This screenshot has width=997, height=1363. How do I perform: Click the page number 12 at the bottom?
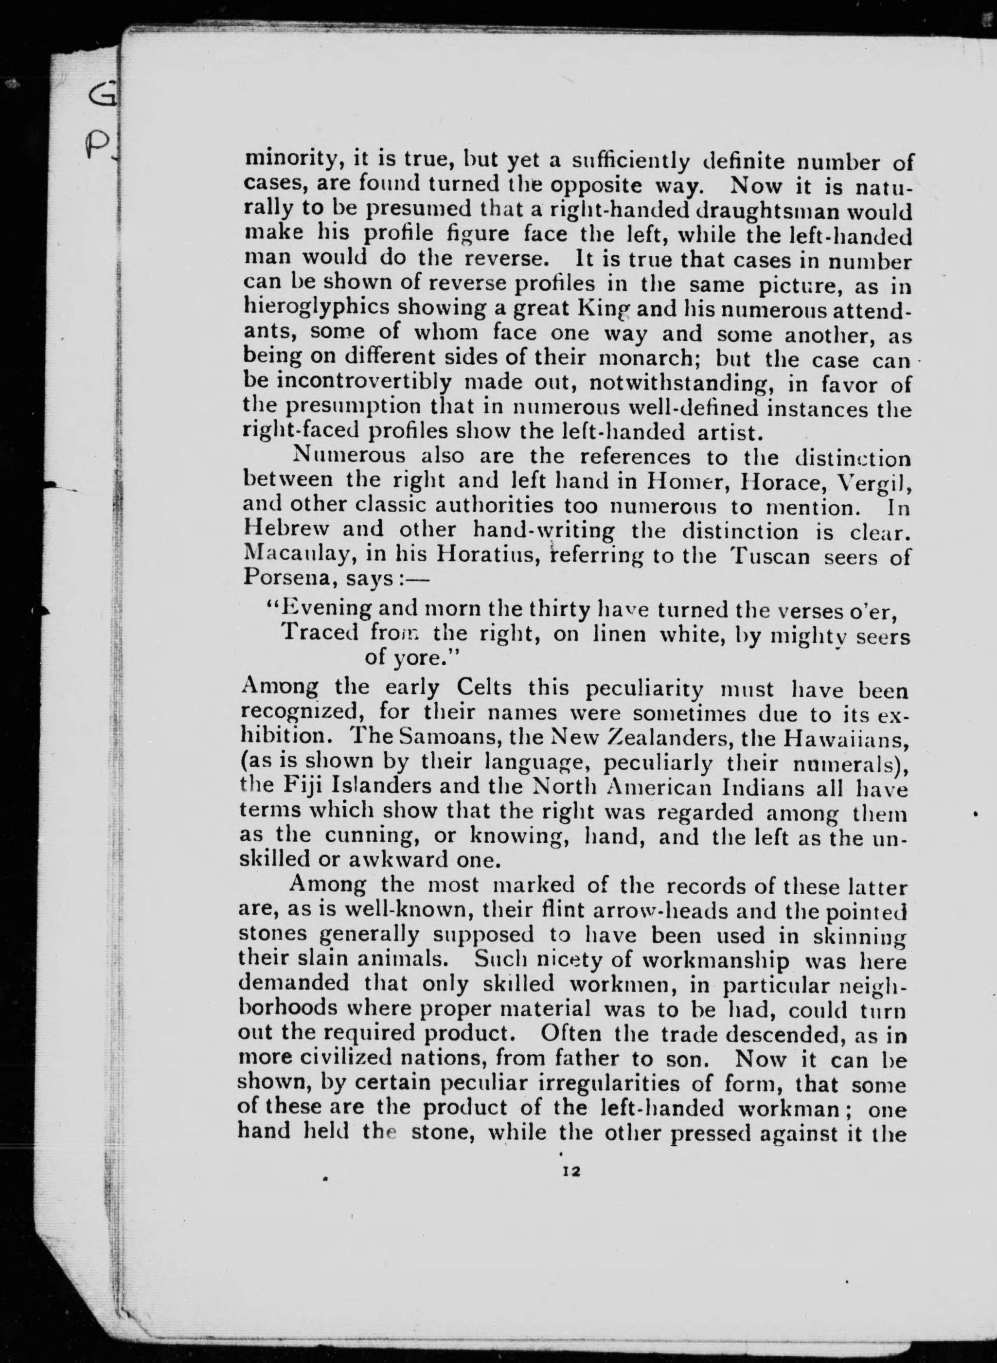pyautogui.click(x=570, y=1171)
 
